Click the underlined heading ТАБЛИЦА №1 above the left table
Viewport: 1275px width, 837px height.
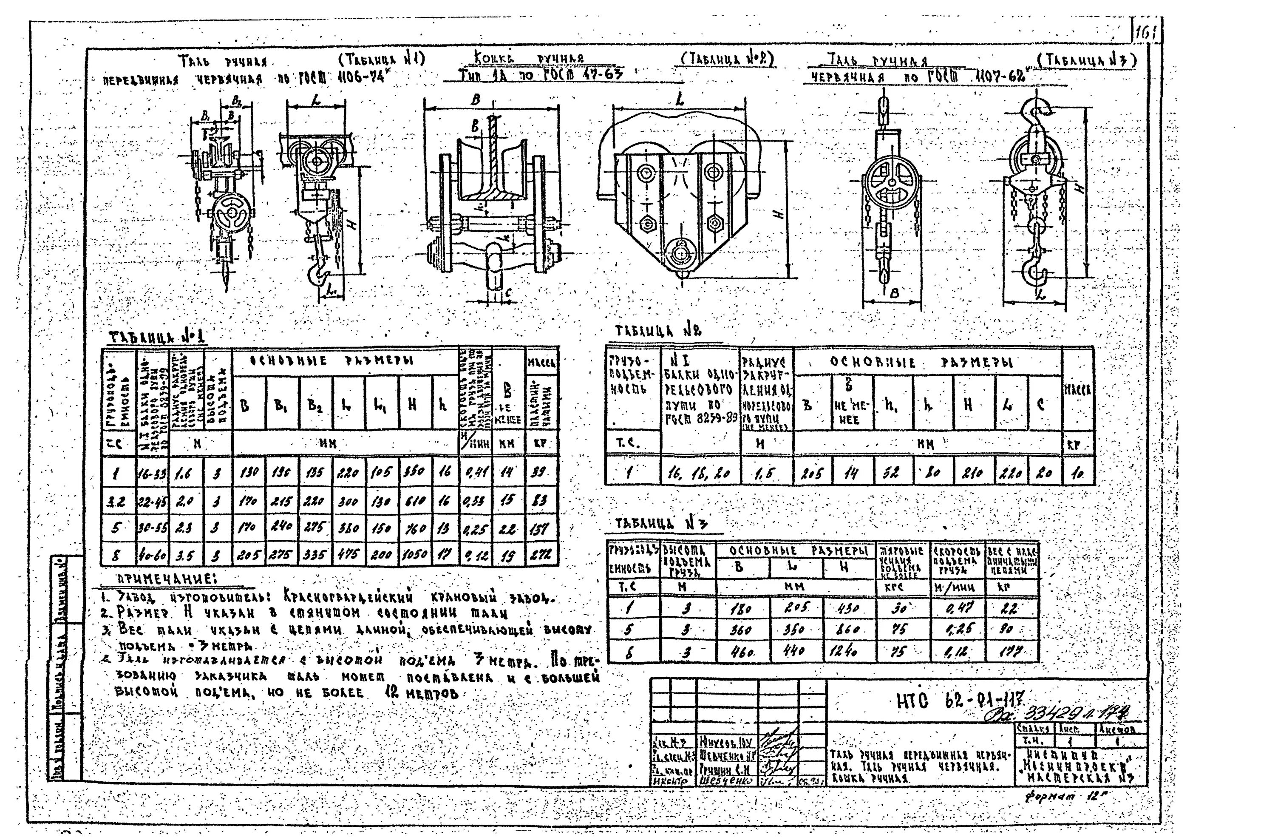(x=157, y=337)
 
